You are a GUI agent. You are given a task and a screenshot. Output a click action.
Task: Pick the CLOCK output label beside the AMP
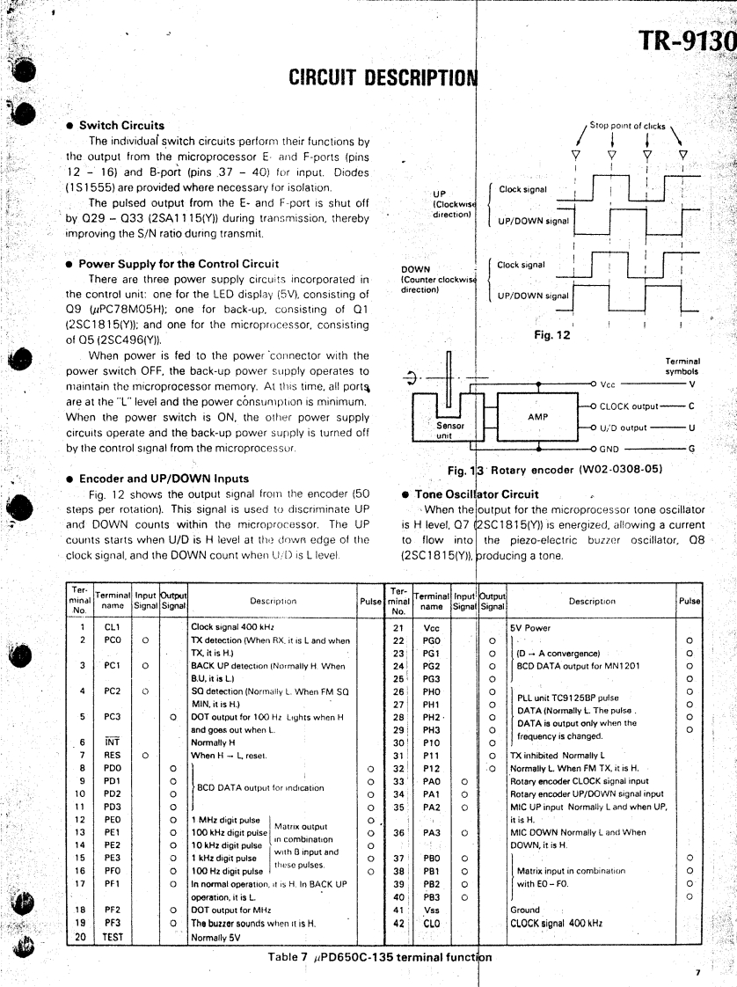click(632, 406)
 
